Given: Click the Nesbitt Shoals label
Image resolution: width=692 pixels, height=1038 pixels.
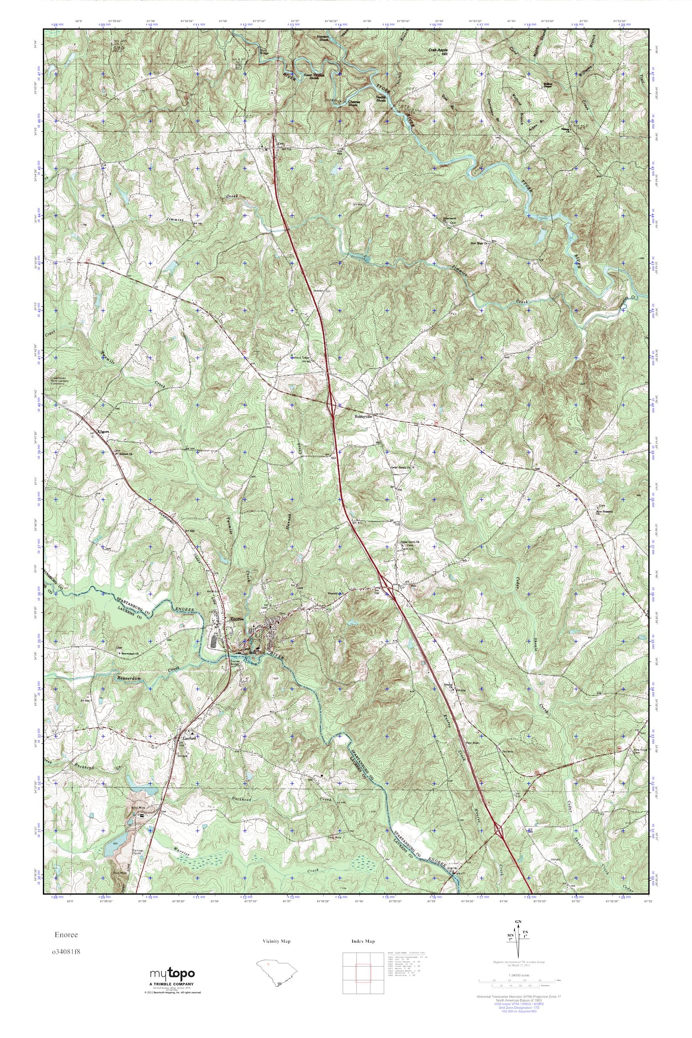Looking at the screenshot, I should [x=381, y=99].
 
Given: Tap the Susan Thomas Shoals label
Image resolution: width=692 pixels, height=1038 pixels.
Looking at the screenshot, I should [x=314, y=76].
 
